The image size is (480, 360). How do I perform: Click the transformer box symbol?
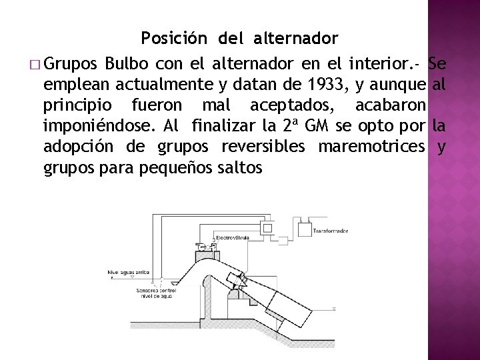[304, 231]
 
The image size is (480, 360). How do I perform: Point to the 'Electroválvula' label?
[233, 238]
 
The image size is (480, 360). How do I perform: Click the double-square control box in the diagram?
[267, 228]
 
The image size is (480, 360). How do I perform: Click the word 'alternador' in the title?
[296, 38]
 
